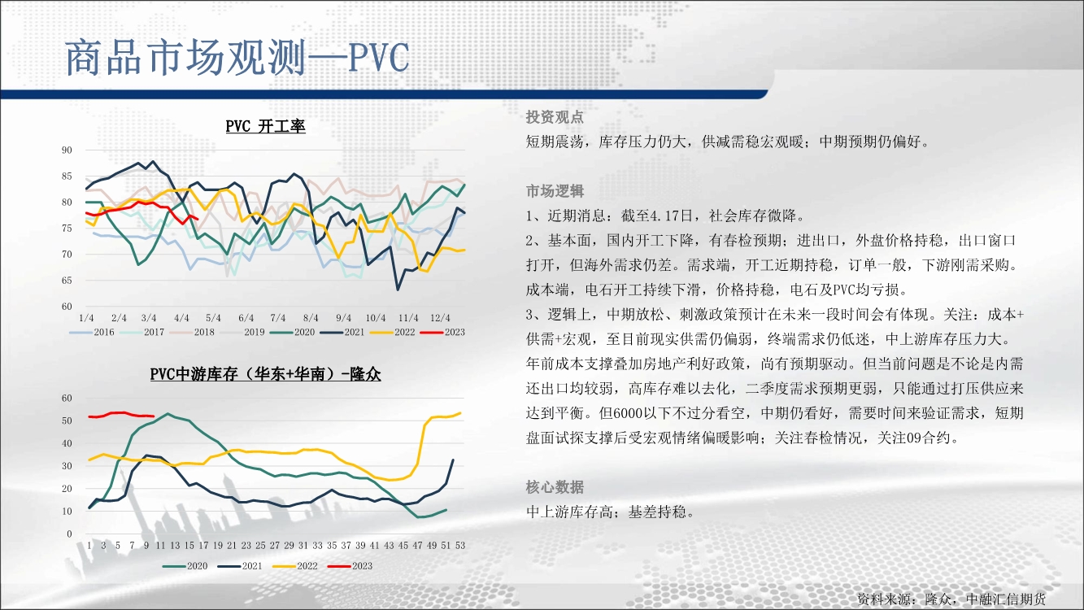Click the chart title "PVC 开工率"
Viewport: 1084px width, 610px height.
pyautogui.click(x=265, y=126)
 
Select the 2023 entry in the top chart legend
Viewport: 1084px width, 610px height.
pyautogui.click(x=442, y=332)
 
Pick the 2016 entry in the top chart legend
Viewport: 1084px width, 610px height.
pyautogui.click(x=92, y=332)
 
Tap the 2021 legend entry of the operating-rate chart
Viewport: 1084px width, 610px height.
pyautogui.click(x=342, y=332)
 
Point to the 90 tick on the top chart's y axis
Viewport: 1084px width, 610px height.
pyautogui.click(x=67, y=150)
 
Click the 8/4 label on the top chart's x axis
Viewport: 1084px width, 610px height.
pyautogui.click(x=311, y=318)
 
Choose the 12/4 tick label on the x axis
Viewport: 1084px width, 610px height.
pyautogui.click(x=440, y=318)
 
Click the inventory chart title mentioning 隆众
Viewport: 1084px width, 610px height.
pyautogui.click(x=265, y=374)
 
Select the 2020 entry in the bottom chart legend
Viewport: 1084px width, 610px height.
pyautogui.click(x=185, y=566)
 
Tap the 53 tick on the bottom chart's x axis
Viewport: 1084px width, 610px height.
pyautogui.click(x=460, y=546)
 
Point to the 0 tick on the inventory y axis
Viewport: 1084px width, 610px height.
pyautogui.click(x=69, y=534)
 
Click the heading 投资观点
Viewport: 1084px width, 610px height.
pyautogui.click(x=555, y=117)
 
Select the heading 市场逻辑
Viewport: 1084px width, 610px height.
pyautogui.click(x=555, y=191)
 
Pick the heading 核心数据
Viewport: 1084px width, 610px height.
pyautogui.click(x=555, y=487)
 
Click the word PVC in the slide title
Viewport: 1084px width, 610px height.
pyautogui.click(x=378, y=58)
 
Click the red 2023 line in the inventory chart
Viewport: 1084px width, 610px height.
pyautogui.click(x=121, y=415)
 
